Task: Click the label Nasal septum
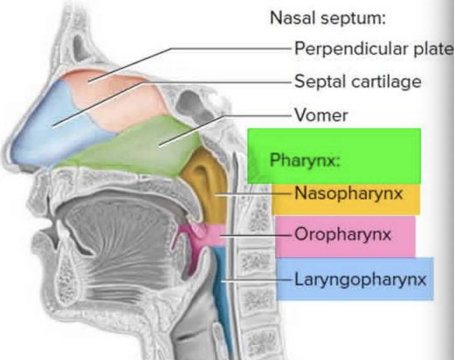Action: [x=327, y=18]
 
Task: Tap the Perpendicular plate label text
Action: [x=373, y=49]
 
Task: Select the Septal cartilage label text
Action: [x=358, y=82]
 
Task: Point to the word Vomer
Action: [x=321, y=115]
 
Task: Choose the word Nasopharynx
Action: [x=349, y=194]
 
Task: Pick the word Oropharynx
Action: [x=343, y=235]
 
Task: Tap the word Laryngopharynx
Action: [x=360, y=280]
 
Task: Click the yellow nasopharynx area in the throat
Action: [x=205, y=186]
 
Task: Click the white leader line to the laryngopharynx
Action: [x=257, y=281]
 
